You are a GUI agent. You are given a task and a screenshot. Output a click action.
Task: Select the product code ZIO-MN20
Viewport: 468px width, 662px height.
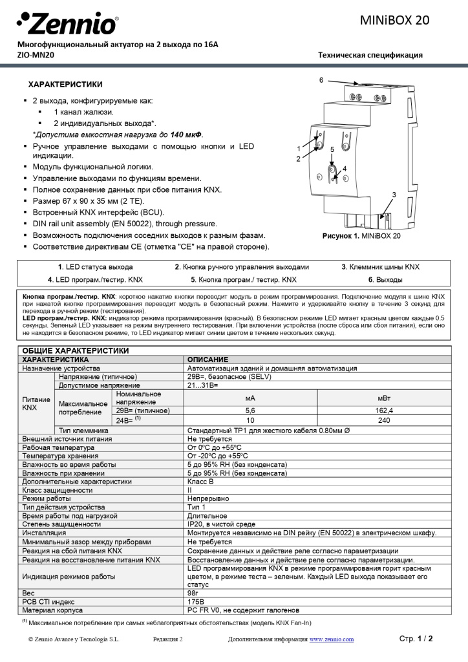coord(36,55)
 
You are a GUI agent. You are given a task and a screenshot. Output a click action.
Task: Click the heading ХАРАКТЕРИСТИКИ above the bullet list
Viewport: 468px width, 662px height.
coord(65,85)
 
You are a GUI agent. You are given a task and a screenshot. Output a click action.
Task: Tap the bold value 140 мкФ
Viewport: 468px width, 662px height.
coord(186,134)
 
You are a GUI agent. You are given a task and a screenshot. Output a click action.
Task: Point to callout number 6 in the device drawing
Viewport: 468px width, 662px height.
coord(321,80)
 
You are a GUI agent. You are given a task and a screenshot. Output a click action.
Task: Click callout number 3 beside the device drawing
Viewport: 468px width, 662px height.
coord(394,195)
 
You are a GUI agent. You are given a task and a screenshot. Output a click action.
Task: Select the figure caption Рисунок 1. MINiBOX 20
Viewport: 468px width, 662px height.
coord(361,237)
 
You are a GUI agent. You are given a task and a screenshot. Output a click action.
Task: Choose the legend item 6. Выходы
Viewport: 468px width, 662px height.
coord(385,280)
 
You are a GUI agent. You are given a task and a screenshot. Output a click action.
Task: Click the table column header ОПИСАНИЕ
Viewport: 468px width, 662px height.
coord(207,359)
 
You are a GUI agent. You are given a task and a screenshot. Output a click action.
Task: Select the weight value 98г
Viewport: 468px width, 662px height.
coord(193,592)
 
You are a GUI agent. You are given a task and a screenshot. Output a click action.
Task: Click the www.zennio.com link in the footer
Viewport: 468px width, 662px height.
coord(332,639)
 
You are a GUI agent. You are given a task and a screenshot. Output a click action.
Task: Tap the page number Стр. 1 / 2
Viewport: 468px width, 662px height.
coord(416,639)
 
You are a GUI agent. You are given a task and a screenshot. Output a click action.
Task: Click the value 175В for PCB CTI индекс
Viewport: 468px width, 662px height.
coord(195,601)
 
